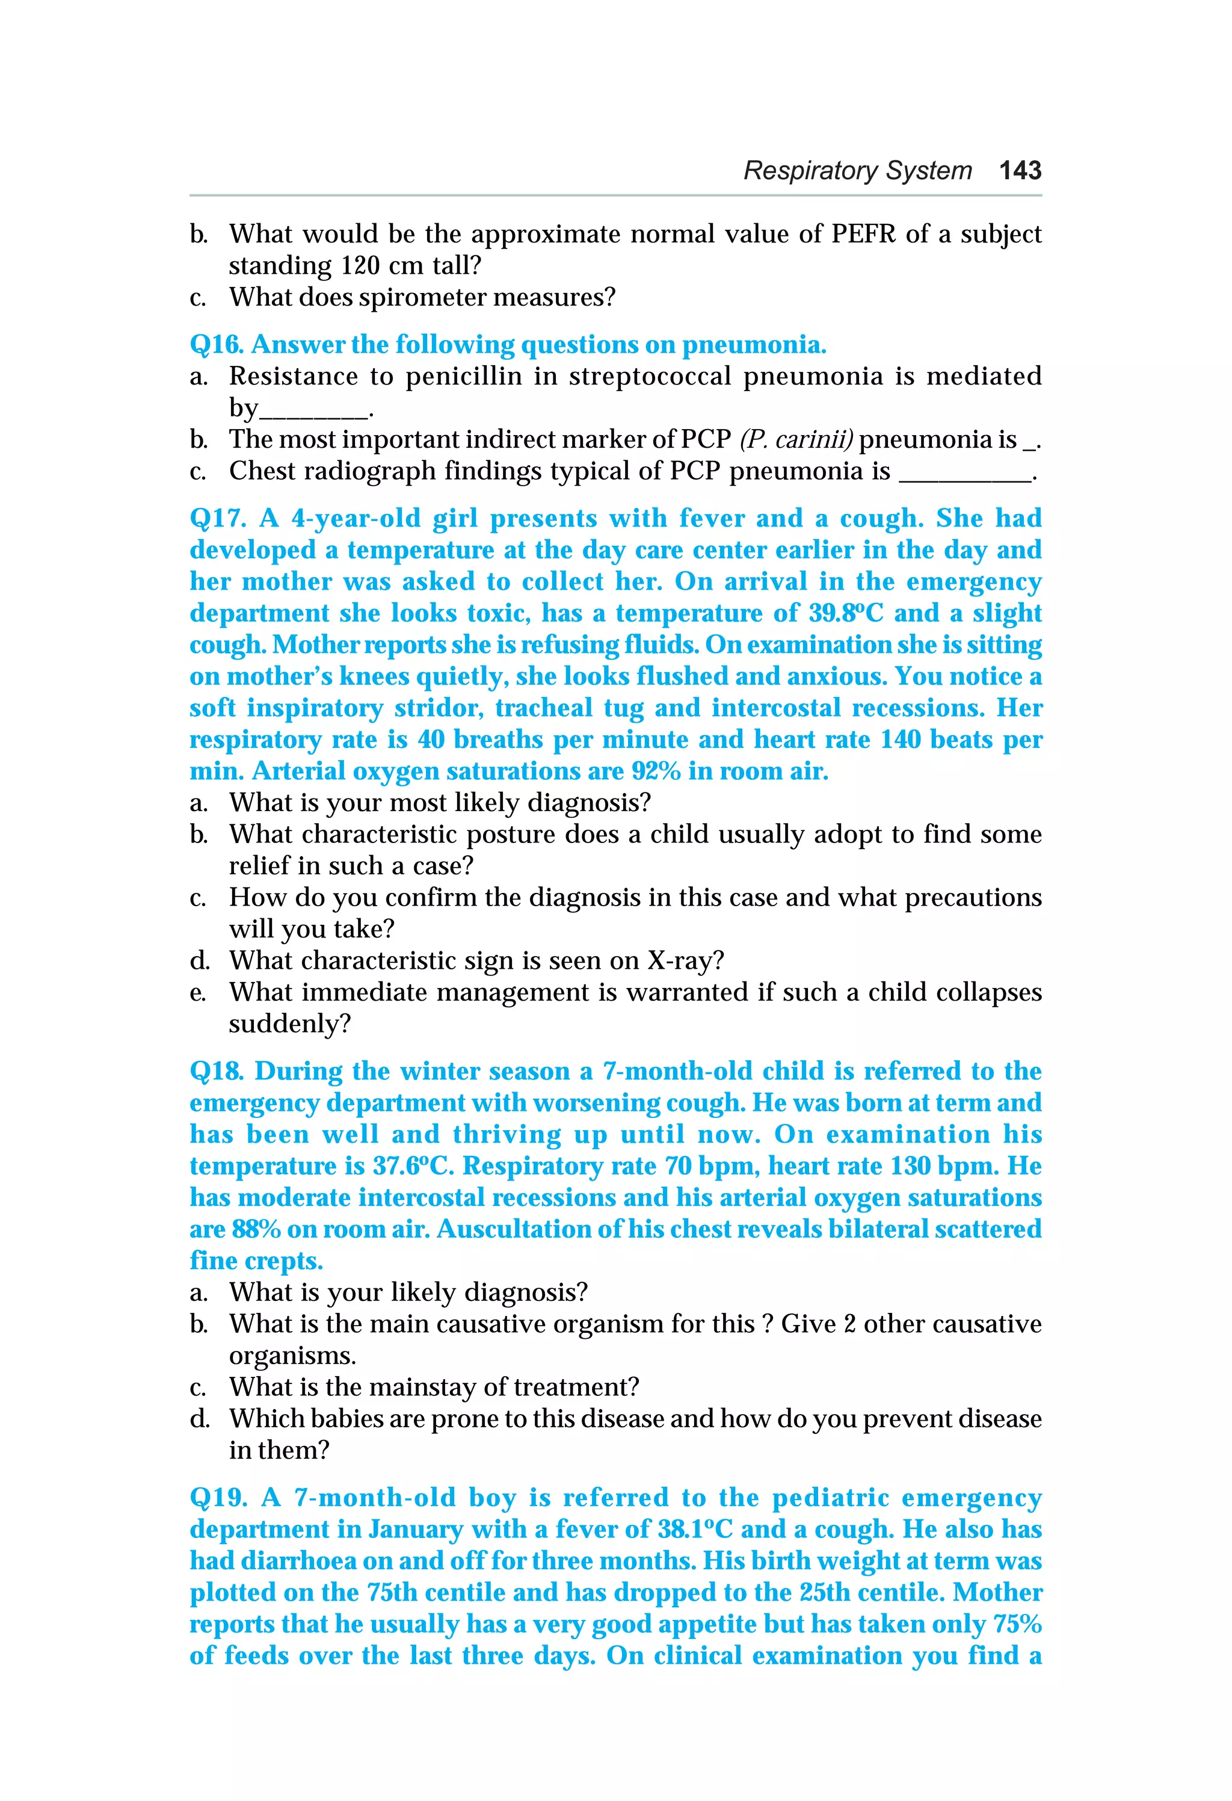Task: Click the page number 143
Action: pos(1020,170)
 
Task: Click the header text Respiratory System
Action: pos(857,170)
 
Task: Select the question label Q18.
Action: pos(217,1072)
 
